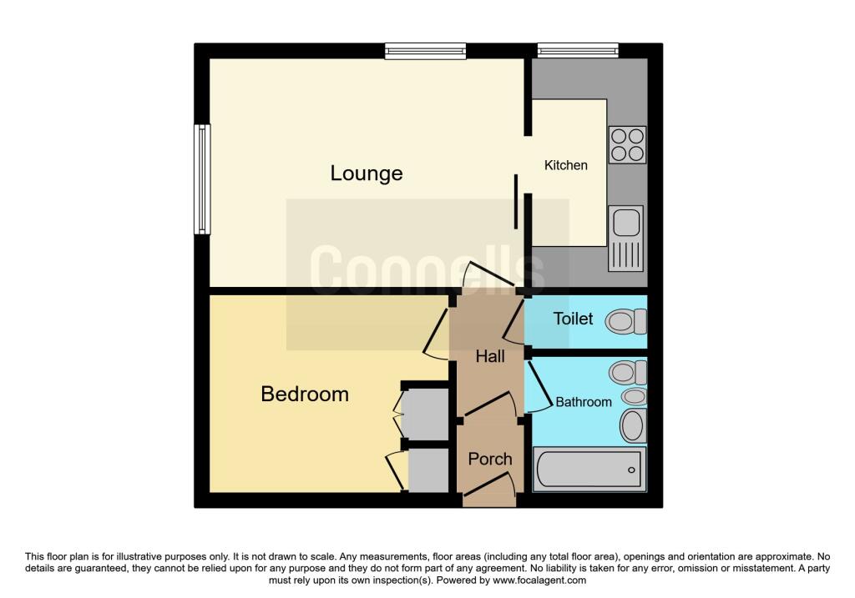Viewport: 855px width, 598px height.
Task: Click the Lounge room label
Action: (x=367, y=173)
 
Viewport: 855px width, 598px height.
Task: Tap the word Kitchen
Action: (x=566, y=165)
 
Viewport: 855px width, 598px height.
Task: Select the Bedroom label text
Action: (x=305, y=394)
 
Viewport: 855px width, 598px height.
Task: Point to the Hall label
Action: (x=490, y=356)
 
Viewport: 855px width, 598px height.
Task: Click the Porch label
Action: (x=490, y=459)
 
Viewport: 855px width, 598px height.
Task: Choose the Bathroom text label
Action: (x=584, y=402)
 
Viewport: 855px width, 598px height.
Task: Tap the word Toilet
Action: (x=573, y=319)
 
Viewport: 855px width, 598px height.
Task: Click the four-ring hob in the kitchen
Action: (x=627, y=144)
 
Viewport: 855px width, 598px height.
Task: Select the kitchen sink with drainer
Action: (x=626, y=239)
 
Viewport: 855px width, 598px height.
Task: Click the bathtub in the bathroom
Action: (x=589, y=469)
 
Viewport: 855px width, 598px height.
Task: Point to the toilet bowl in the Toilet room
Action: (x=626, y=321)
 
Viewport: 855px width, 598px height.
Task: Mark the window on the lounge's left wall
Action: (x=202, y=178)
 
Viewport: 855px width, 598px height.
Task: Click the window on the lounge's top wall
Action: (x=425, y=51)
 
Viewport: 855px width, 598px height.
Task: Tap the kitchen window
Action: (x=578, y=51)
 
